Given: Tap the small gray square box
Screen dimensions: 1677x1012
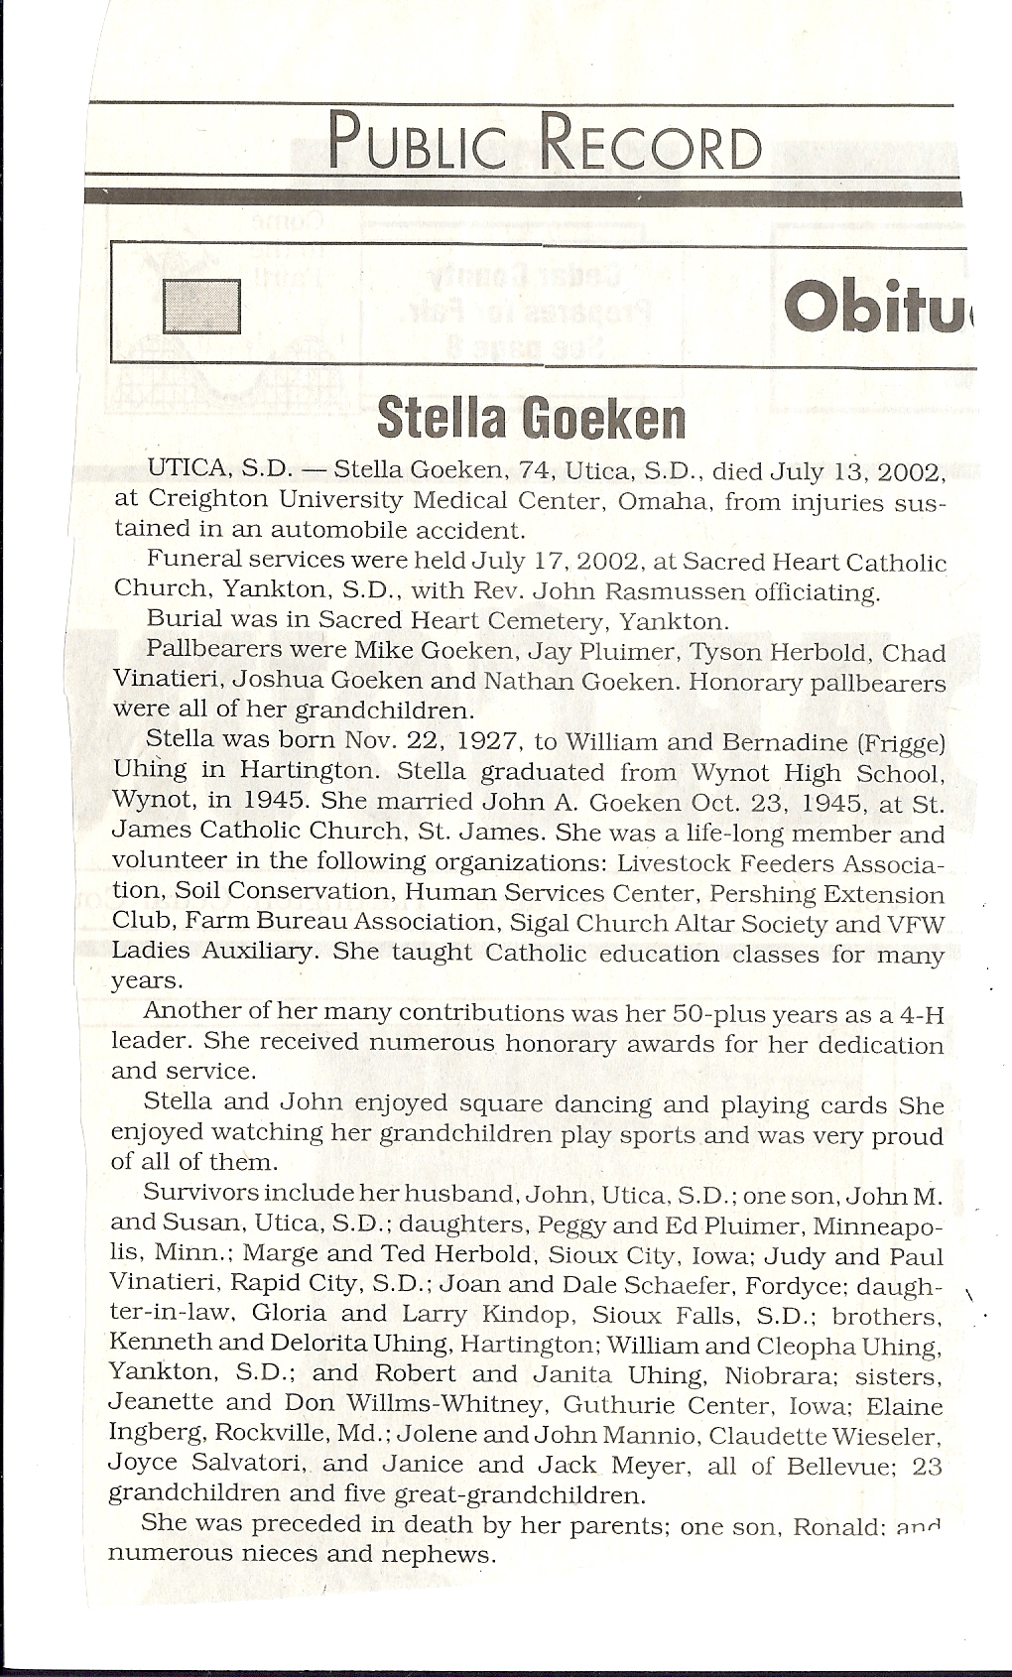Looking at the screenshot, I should [x=201, y=307].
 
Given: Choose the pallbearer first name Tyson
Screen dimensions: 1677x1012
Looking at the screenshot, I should [x=728, y=653].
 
